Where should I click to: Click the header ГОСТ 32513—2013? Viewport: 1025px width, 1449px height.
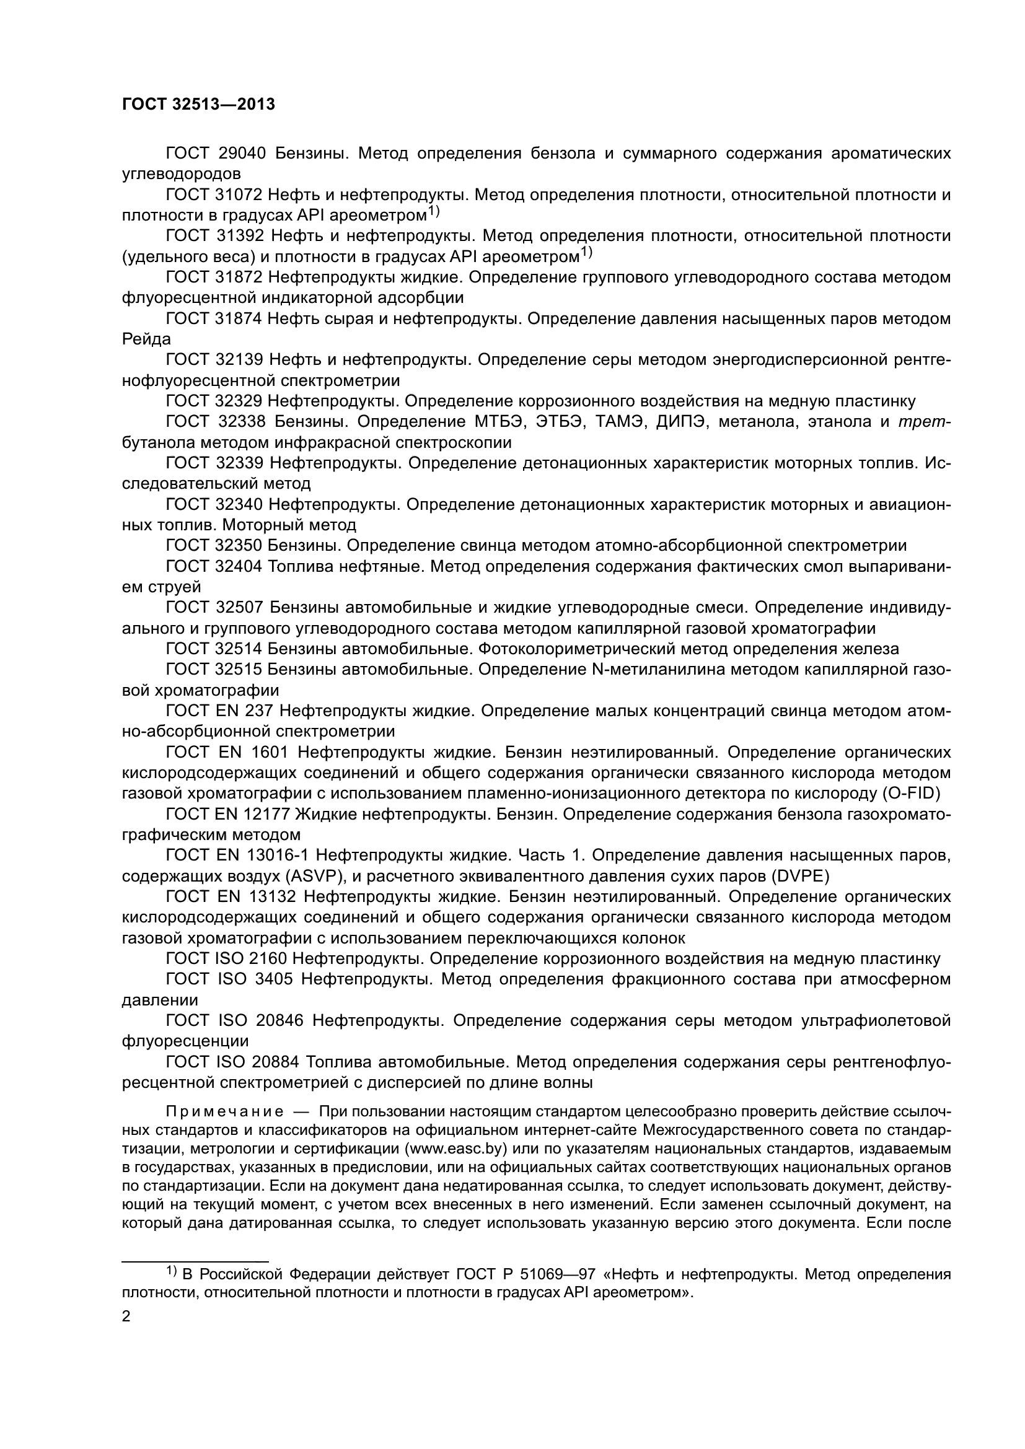[198, 105]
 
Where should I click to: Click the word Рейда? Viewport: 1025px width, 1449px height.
[146, 339]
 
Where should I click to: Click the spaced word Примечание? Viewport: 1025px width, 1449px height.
[224, 1111]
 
